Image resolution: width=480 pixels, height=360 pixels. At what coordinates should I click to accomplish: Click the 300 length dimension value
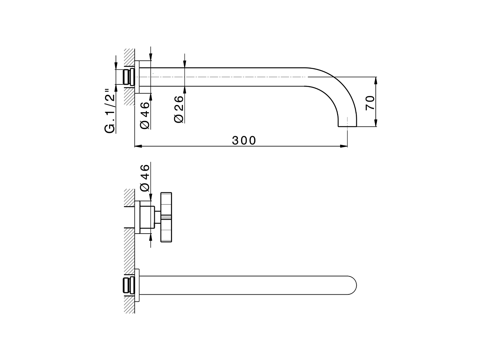coord(244,140)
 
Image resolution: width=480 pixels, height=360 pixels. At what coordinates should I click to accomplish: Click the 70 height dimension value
coord(370,102)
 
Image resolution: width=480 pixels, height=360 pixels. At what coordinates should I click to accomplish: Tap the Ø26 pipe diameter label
coord(179,108)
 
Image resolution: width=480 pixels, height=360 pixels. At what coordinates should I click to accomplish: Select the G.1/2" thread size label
coord(109,111)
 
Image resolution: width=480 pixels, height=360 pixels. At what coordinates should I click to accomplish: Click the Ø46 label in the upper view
coord(145,115)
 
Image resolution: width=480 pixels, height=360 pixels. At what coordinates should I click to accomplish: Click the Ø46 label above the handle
coord(145,177)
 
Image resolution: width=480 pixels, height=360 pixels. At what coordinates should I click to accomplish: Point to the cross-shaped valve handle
coord(166,217)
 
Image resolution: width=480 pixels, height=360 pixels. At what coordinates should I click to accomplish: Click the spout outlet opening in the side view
coord(348,126)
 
